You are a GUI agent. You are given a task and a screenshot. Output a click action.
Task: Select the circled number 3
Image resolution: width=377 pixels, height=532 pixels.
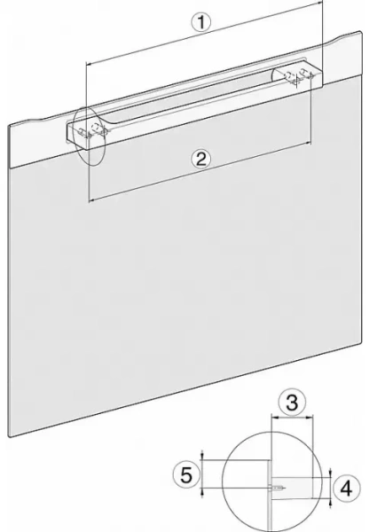pyautogui.click(x=289, y=402)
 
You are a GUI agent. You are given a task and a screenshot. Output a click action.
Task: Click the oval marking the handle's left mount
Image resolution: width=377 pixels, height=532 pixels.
pyautogui.click(x=89, y=137)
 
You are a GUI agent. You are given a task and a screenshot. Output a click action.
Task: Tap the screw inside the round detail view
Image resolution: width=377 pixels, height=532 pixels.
pyautogui.click(x=279, y=487)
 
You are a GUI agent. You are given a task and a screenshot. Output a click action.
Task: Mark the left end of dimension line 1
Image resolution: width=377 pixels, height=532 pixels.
pyautogui.click(x=86, y=65)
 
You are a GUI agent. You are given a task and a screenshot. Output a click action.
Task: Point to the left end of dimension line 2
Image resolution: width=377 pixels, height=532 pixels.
pyautogui.click(x=90, y=201)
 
